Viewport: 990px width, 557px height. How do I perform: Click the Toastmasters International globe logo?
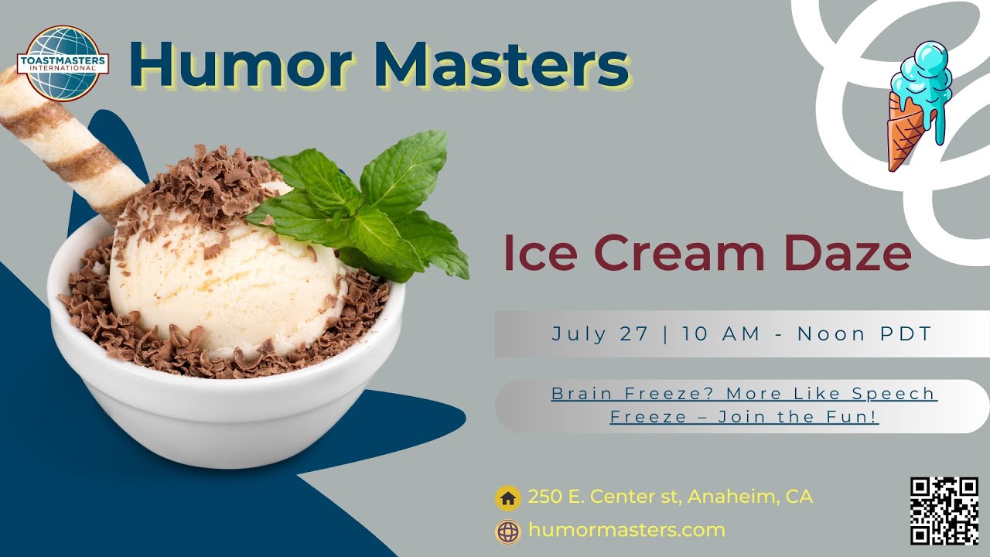click(63, 63)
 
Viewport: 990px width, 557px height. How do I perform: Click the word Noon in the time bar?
click(835, 334)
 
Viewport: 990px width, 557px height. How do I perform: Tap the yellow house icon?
click(508, 498)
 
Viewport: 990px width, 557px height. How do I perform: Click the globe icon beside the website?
click(508, 531)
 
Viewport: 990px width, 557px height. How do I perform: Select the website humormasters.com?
click(626, 531)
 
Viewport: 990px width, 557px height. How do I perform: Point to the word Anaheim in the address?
click(732, 497)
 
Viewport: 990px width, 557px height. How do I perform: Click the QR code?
click(944, 511)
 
